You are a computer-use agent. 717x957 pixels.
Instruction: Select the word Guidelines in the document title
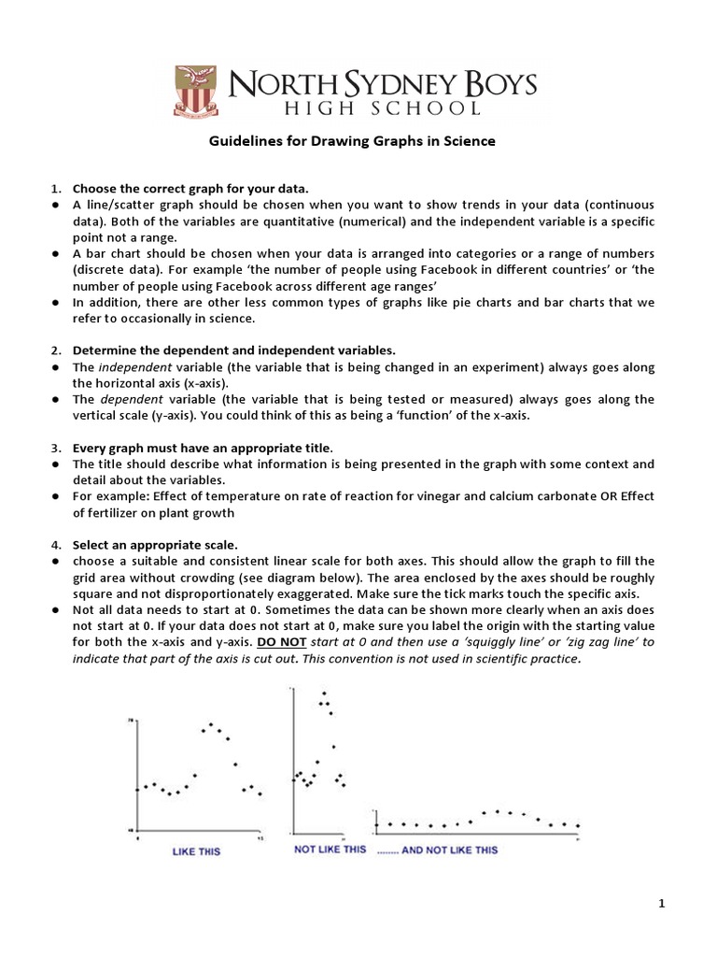pos(245,142)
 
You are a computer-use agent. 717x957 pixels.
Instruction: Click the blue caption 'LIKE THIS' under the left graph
pos(197,851)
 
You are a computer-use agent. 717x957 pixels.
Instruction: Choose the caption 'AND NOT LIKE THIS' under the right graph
pos(449,850)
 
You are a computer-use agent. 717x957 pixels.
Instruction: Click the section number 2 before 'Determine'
pos(55,350)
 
